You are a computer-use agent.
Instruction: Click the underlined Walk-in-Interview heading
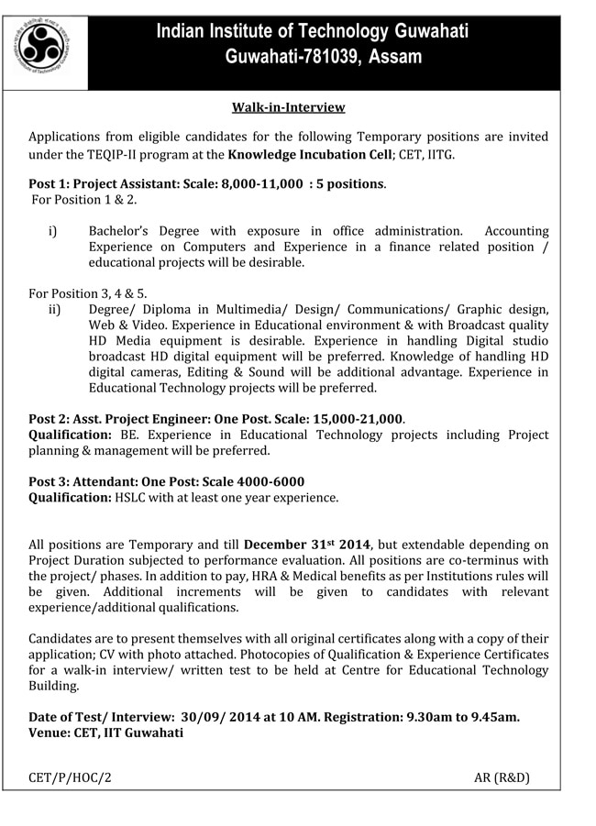[288, 107]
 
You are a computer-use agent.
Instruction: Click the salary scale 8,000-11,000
[261, 183]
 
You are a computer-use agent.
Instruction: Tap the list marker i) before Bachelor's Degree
[54, 231]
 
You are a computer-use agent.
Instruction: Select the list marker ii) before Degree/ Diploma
[55, 310]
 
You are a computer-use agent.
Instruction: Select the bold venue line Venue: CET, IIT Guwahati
[105, 732]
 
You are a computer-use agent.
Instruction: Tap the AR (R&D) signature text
[502, 778]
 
